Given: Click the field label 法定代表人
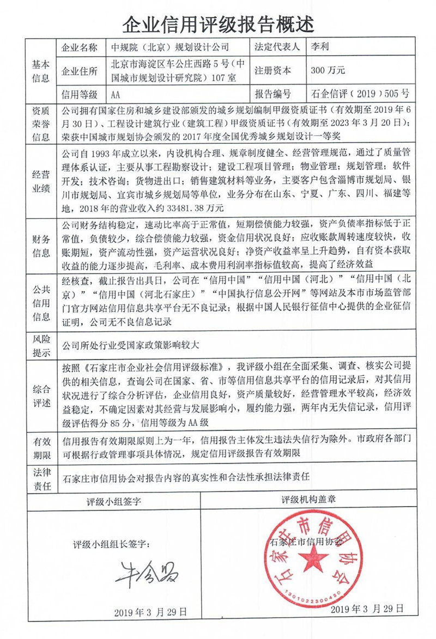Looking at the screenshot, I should (x=277, y=47).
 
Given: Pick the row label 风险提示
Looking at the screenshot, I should (x=40, y=345).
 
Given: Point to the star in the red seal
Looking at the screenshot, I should (x=312, y=558).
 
